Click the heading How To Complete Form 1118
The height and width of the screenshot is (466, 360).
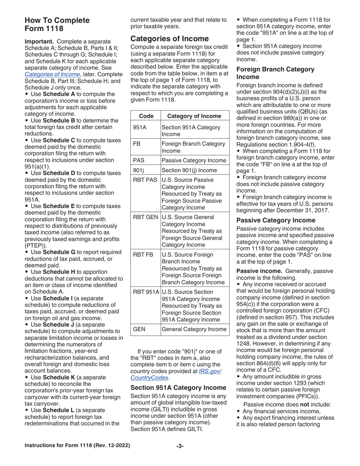point(57,24)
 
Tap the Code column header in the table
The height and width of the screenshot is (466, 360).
point(146,116)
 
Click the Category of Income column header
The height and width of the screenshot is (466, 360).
point(195,116)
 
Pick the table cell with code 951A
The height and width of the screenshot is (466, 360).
point(146,127)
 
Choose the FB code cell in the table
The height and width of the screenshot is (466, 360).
point(146,144)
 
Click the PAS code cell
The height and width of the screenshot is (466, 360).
point(146,160)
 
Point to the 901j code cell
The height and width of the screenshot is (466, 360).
point(146,170)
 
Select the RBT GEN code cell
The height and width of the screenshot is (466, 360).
point(146,217)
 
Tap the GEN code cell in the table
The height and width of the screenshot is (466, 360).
point(146,329)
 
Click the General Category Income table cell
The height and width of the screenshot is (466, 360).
point(195,329)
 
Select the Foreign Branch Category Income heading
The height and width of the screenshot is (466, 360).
point(275,73)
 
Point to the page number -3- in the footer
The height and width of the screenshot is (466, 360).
point(180,446)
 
